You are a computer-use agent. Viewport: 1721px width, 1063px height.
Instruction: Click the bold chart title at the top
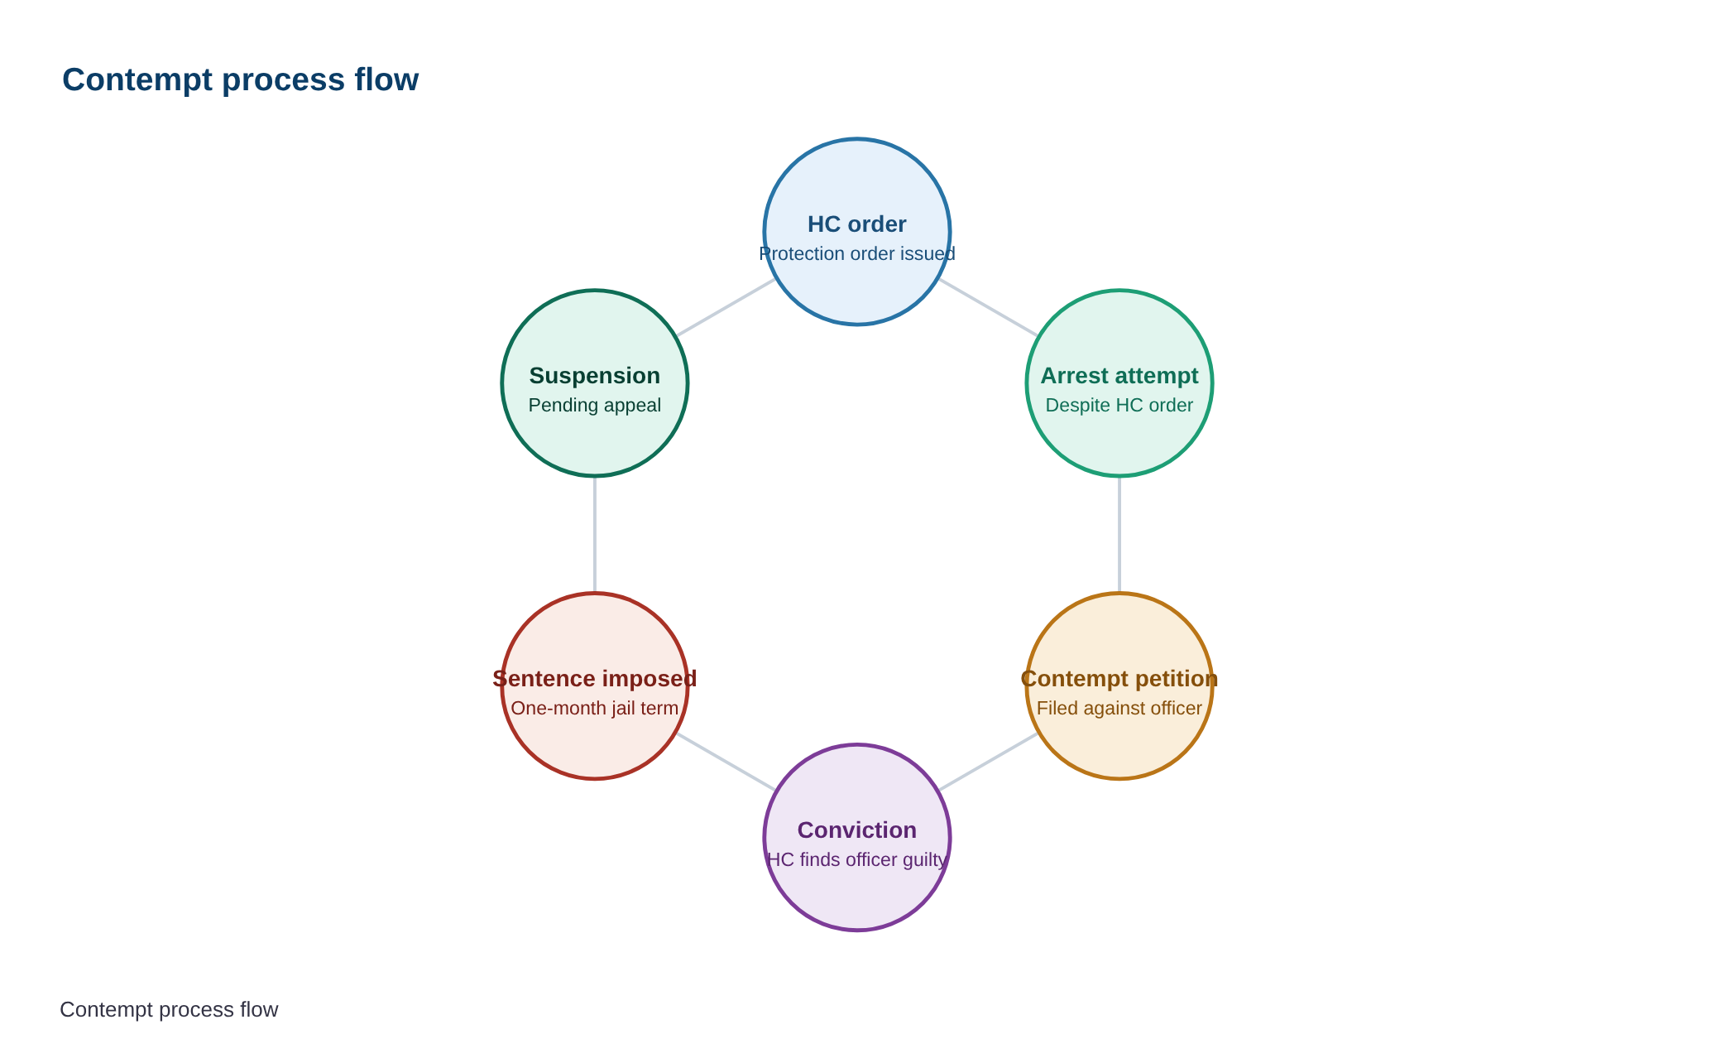pyautogui.click(x=240, y=79)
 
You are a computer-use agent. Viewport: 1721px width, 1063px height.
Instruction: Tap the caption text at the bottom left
pyautogui.click(x=169, y=1009)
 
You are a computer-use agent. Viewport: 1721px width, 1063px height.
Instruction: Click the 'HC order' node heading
pyautogui.click(x=857, y=224)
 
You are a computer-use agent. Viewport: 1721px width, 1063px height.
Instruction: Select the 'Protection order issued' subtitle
pyautogui.click(x=857, y=253)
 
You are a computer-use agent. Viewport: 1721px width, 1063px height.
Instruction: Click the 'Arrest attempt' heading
pyautogui.click(x=1119, y=376)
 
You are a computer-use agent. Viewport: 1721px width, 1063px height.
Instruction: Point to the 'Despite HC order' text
pyautogui.click(x=1119, y=405)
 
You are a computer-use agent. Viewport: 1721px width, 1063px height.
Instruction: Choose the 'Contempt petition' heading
pyautogui.click(x=1119, y=679)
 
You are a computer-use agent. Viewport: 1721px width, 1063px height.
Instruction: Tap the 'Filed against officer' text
pyautogui.click(x=1119, y=708)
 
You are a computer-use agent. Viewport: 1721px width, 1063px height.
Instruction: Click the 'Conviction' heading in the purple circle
pyautogui.click(x=857, y=830)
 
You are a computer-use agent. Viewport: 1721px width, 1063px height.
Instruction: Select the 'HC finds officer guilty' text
pyautogui.click(x=857, y=859)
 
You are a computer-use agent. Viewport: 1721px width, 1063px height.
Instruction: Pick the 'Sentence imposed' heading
pyautogui.click(x=595, y=679)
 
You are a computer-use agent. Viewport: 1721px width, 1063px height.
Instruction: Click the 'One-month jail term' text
pyautogui.click(x=595, y=708)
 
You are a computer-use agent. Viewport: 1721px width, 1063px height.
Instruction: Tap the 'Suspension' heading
pyautogui.click(x=595, y=376)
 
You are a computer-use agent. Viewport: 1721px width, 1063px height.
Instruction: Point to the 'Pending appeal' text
pyautogui.click(x=595, y=405)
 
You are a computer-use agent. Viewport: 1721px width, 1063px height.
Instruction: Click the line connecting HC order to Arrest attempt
pyautogui.click(x=988, y=307)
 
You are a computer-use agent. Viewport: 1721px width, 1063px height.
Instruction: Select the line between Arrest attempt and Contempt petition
pyautogui.click(x=1119, y=535)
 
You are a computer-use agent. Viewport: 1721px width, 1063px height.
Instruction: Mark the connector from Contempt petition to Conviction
pyautogui.click(x=988, y=762)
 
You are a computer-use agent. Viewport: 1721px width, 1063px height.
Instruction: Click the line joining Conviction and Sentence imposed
pyautogui.click(x=726, y=762)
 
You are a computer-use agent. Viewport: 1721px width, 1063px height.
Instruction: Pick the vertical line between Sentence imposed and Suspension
pyautogui.click(x=595, y=535)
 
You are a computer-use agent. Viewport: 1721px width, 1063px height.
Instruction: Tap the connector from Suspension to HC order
pyautogui.click(x=726, y=307)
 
